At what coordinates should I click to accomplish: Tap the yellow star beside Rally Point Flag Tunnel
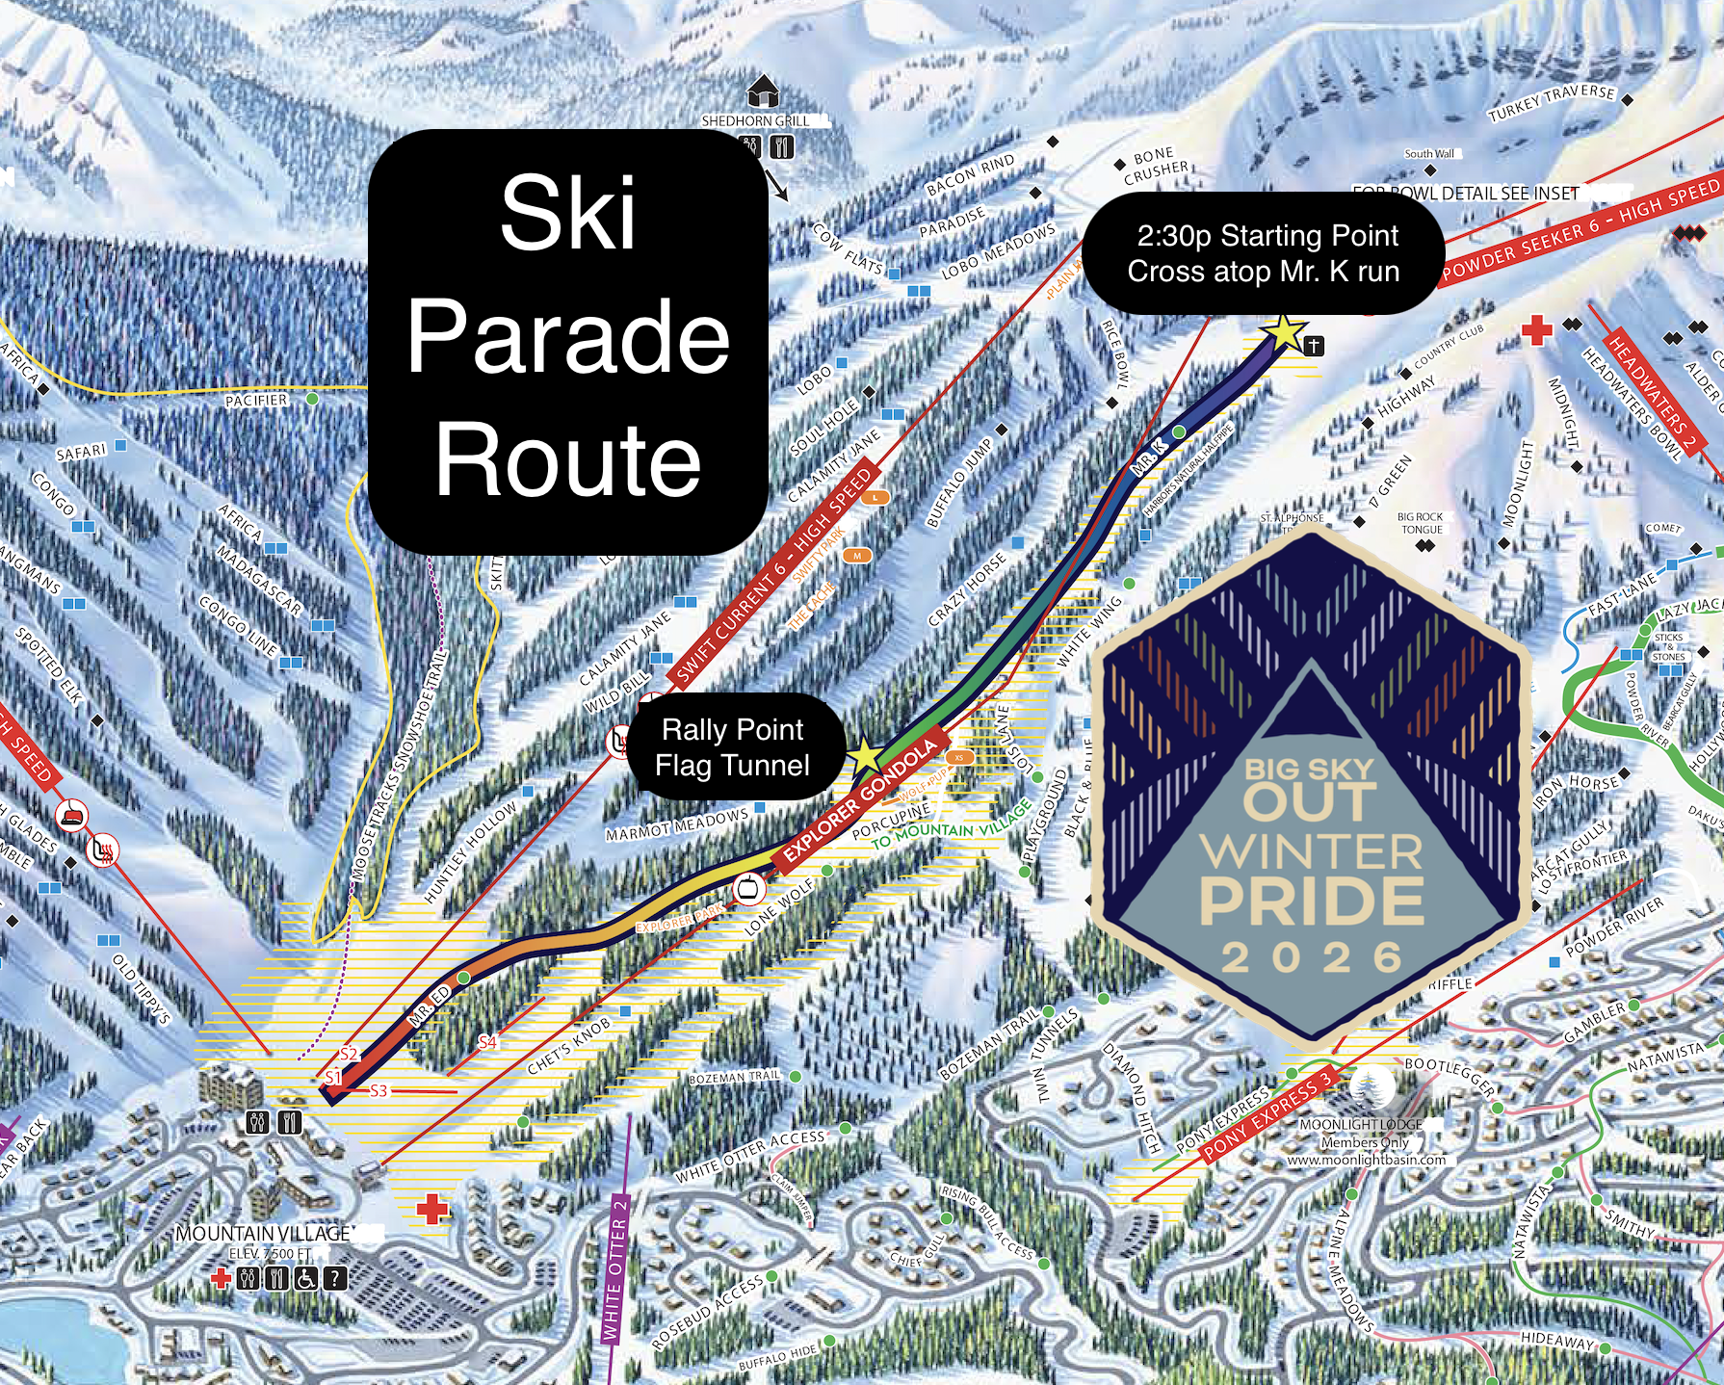pyautogui.click(x=865, y=757)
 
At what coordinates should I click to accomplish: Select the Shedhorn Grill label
pyautogui.click(x=755, y=121)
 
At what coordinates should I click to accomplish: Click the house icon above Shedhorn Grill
pyautogui.click(x=763, y=91)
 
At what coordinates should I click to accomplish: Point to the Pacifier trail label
pyautogui.click(x=256, y=401)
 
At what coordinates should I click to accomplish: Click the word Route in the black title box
pyautogui.click(x=568, y=461)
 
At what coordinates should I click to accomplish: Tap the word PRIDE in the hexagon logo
pyautogui.click(x=1311, y=901)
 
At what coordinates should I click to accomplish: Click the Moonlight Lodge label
pyautogui.click(x=1360, y=1124)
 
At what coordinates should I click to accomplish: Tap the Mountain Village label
pyautogui.click(x=263, y=1234)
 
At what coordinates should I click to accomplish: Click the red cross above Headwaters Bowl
pyautogui.click(x=1536, y=330)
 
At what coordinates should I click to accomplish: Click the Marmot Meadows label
pyautogui.click(x=676, y=824)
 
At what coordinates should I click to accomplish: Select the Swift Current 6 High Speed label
pyautogui.click(x=773, y=578)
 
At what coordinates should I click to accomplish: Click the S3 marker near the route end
pyautogui.click(x=379, y=1090)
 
